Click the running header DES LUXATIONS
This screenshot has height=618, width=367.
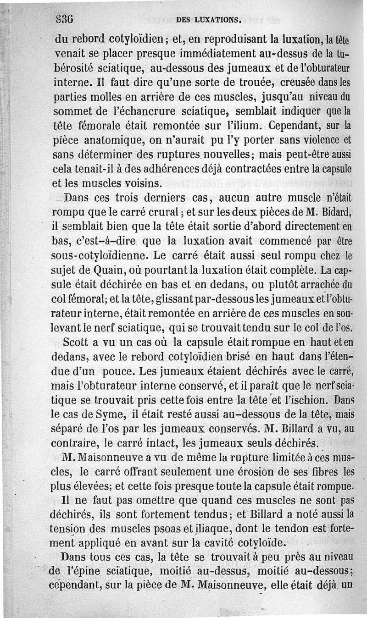(x=208, y=20)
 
